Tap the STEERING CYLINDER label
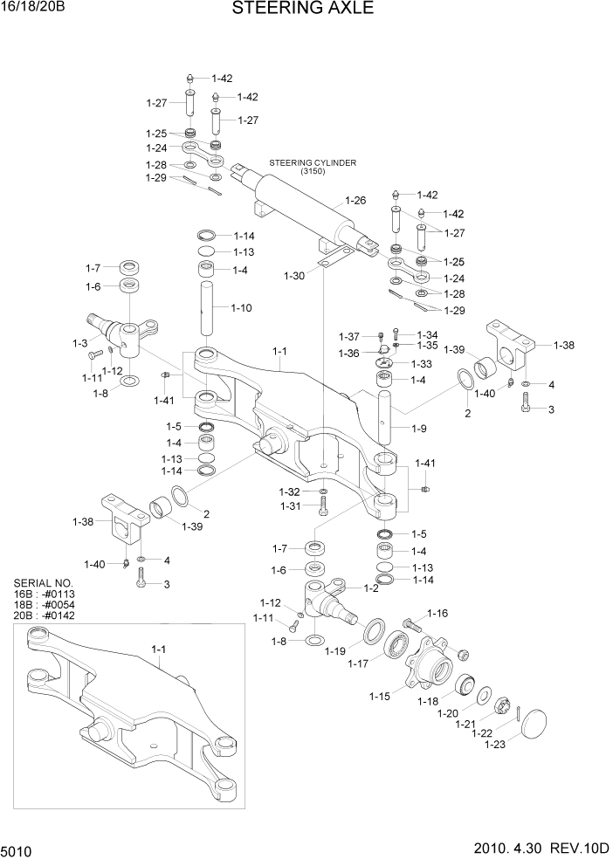pyautogui.click(x=313, y=162)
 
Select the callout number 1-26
pyautogui.click(x=355, y=201)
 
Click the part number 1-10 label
pyautogui.click(x=242, y=307)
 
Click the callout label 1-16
pyautogui.click(x=437, y=614)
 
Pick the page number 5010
pyautogui.click(x=18, y=849)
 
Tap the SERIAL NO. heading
pyautogui.click(x=44, y=582)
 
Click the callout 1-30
pyautogui.click(x=294, y=275)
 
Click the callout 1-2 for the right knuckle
pyautogui.click(x=370, y=588)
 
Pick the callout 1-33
pyautogui.click(x=422, y=363)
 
